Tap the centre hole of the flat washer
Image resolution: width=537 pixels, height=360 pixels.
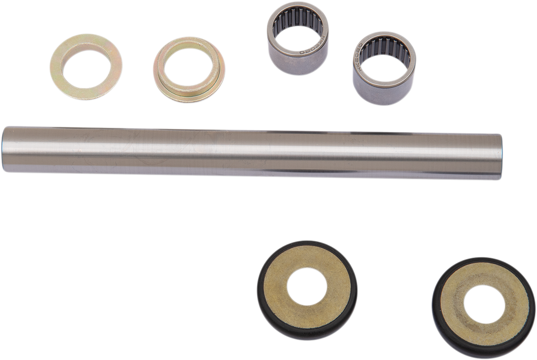(x=86, y=67)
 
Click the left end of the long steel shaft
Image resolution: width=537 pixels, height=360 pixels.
(x=6, y=149)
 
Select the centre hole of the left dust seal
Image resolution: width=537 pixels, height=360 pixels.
(x=307, y=287)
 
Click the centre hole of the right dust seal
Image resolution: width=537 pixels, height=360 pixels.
(x=484, y=304)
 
